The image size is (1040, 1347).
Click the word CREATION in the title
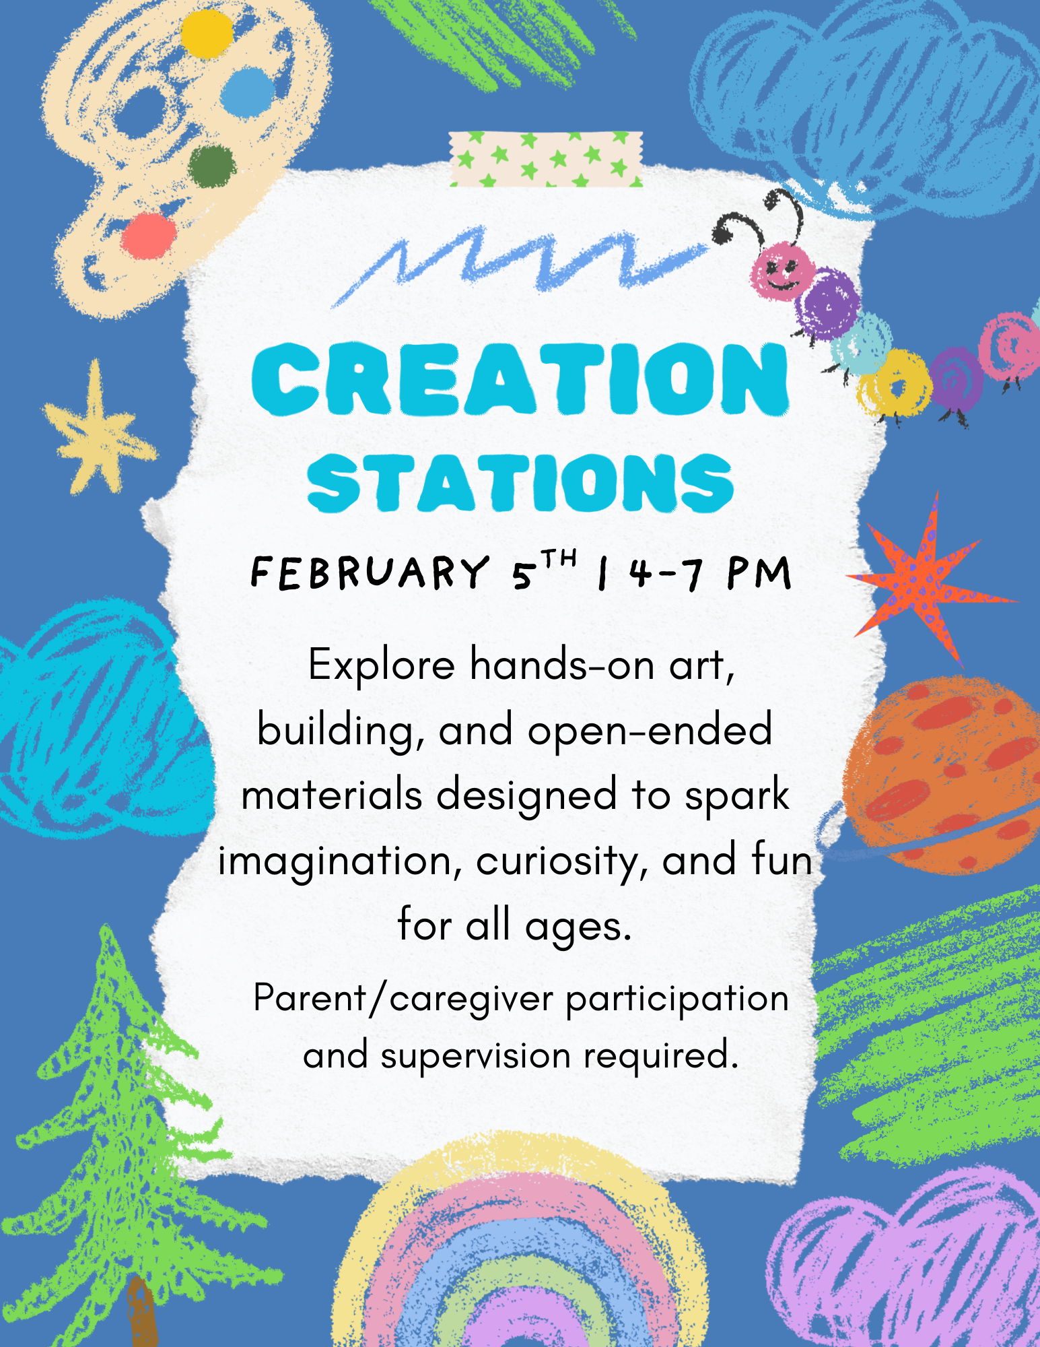[x=520, y=379]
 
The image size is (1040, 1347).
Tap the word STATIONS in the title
[x=520, y=482]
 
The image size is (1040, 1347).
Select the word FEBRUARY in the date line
[x=370, y=573]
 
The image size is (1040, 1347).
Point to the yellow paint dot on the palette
[x=207, y=34]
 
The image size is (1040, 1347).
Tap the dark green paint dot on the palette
[x=212, y=166]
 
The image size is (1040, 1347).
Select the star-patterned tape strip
[x=547, y=159]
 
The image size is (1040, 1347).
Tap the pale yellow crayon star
[x=98, y=431]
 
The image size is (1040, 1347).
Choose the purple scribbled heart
[x=905, y=1266]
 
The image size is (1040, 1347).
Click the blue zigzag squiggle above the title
[x=518, y=263]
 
